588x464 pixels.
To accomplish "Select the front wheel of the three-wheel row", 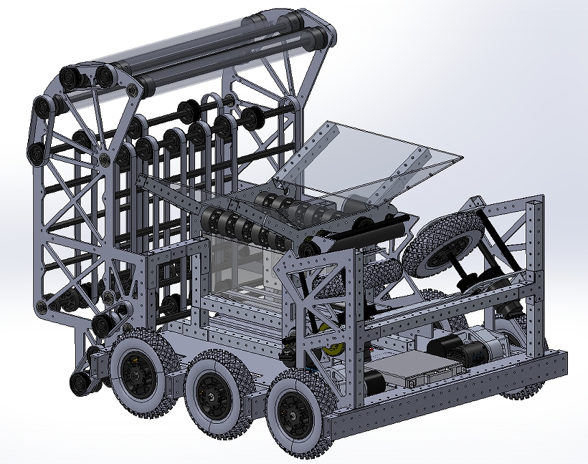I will tap(295, 413).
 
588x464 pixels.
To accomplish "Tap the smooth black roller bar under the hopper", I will tap(359, 233).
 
